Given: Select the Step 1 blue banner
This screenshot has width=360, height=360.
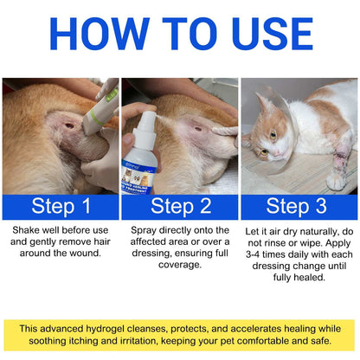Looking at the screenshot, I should click(x=60, y=205).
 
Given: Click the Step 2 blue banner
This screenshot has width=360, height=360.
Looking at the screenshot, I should click(x=180, y=205).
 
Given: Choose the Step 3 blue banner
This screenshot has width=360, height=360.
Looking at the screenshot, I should click(x=299, y=205).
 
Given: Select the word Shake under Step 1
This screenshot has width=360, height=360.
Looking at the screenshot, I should click(x=29, y=232).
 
